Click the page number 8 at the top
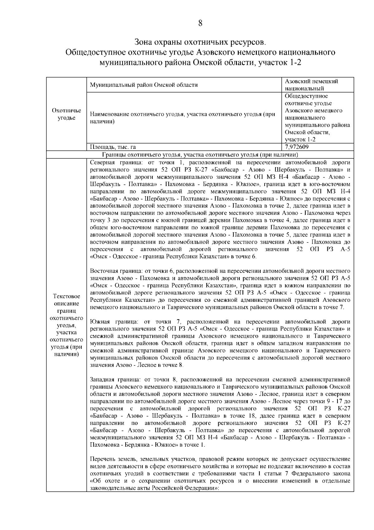(x=200, y=23)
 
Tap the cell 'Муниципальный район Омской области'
(x=144, y=85)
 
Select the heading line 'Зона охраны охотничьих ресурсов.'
(x=200, y=42)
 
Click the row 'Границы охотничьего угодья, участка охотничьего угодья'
(x=200, y=155)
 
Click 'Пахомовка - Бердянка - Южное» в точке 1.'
(x=147, y=445)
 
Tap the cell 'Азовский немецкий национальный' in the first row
(x=312, y=85)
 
